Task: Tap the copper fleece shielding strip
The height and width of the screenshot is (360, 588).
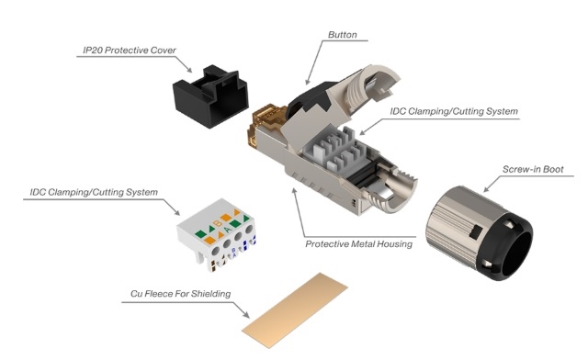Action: [295, 311]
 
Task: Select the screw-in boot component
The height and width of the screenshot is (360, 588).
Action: [480, 232]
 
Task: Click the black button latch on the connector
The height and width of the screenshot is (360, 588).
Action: [309, 99]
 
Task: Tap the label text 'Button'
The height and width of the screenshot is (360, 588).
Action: [343, 35]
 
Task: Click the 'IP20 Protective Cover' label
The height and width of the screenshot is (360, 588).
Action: [130, 51]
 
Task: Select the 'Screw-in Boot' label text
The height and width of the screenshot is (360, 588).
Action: [533, 169]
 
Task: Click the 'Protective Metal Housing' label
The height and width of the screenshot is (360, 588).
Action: [359, 244]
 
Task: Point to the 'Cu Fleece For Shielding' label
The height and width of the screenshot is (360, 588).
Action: [180, 294]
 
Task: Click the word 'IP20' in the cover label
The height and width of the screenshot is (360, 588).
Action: [92, 51]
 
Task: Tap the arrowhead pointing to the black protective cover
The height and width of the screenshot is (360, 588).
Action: [189, 70]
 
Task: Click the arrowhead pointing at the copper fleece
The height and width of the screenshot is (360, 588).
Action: [246, 315]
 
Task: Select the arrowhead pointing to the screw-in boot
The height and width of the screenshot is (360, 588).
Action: [486, 189]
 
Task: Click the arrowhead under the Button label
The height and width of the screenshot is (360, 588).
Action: [308, 82]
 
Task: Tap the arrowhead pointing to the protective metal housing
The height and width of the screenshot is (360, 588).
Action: [294, 190]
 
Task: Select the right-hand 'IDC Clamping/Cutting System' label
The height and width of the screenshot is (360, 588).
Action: [454, 111]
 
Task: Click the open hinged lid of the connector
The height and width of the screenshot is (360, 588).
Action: [360, 90]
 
